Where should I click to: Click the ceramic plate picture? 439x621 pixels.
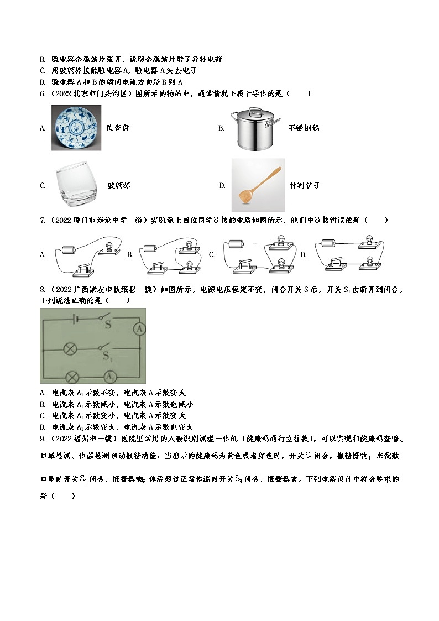[77, 128]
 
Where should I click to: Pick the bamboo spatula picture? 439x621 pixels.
[258, 185]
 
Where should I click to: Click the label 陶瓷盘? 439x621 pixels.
[118, 128]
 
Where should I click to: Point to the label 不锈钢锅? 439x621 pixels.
[304, 128]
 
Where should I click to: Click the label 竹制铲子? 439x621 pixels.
[305, 186]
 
